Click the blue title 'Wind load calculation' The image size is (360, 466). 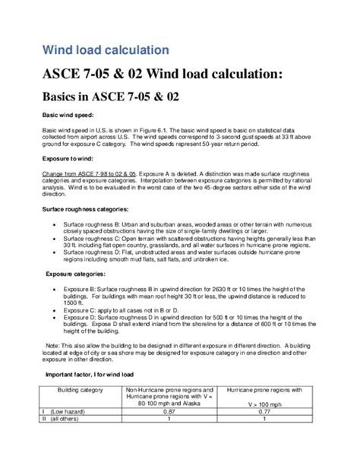pos(105,50)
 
